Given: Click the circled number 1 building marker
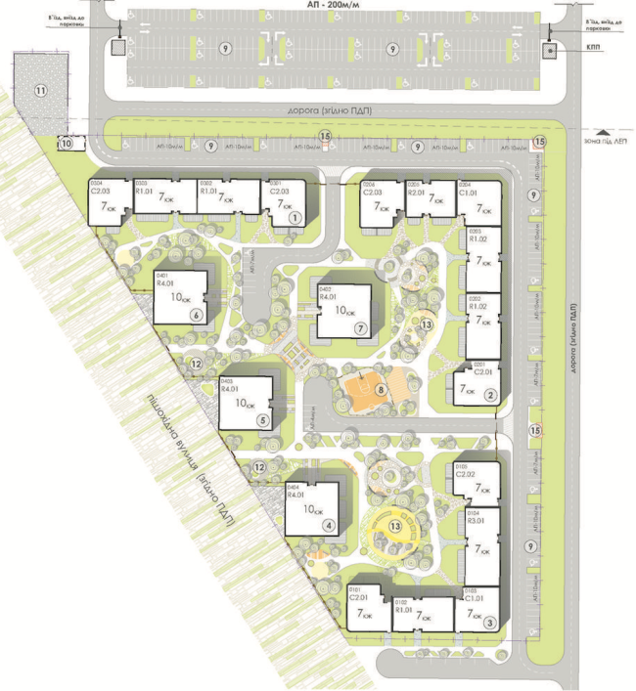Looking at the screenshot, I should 293,219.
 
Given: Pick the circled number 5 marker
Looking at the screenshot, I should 262,420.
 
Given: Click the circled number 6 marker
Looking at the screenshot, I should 197,315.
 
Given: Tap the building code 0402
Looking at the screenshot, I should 326,288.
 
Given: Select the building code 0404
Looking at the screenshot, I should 291,488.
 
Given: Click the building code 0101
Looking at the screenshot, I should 354,589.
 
